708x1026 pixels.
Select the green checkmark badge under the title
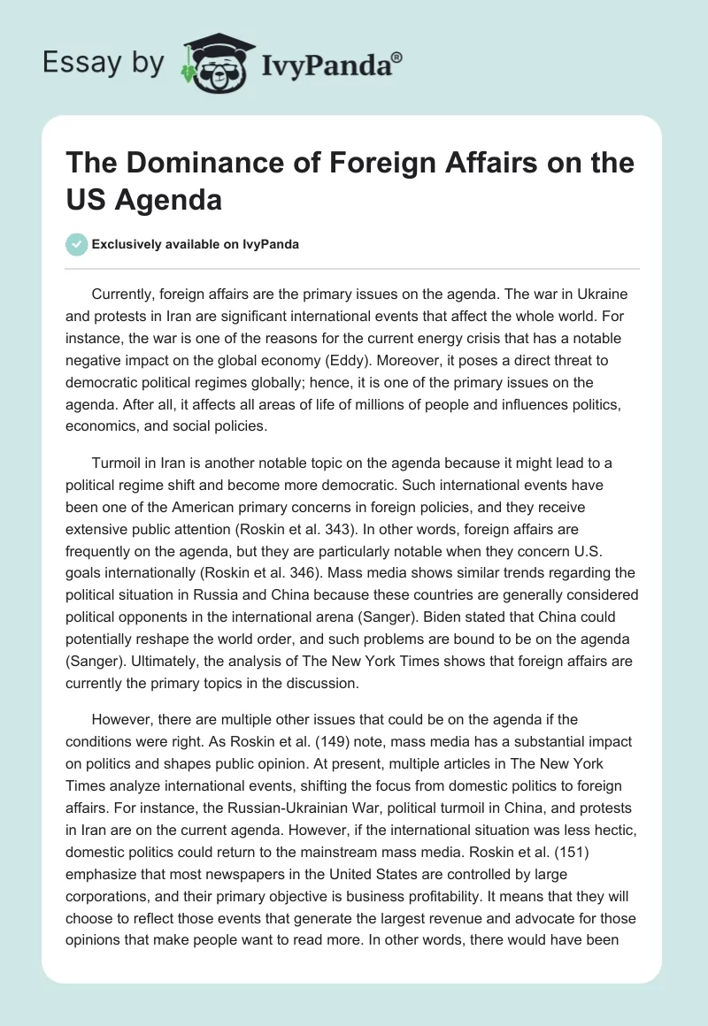click(x=77, y=244)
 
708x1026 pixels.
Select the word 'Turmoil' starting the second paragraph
click(x=118, y=463)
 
